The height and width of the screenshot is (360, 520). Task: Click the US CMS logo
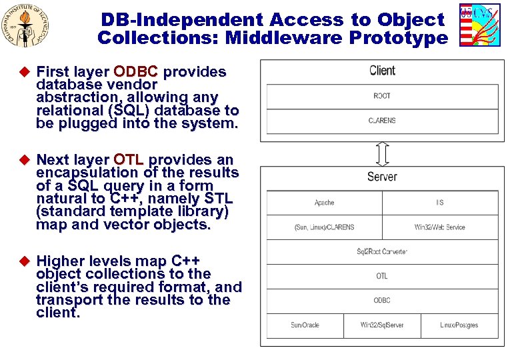480,25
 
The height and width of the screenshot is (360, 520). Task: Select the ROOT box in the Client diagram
382,96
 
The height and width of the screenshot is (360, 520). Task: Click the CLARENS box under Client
382,121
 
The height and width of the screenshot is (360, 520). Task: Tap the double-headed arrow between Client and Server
382,153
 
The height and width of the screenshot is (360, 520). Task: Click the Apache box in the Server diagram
325,203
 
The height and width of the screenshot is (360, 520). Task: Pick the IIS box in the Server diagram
440,203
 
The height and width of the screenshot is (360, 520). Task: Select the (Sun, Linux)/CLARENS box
325,227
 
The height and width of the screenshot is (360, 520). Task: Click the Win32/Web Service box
440,227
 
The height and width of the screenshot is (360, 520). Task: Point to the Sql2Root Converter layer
382,251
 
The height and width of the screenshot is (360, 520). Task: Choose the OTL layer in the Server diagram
382,276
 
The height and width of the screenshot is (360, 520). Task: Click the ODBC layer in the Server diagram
382,301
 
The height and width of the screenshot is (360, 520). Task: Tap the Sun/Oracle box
305,325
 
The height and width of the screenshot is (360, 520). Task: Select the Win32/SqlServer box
382,325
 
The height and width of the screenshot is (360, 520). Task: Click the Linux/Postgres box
459,325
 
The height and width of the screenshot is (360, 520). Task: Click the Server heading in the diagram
382,177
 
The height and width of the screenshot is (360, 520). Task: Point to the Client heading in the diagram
382,71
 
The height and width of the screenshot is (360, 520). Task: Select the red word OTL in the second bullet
129,160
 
